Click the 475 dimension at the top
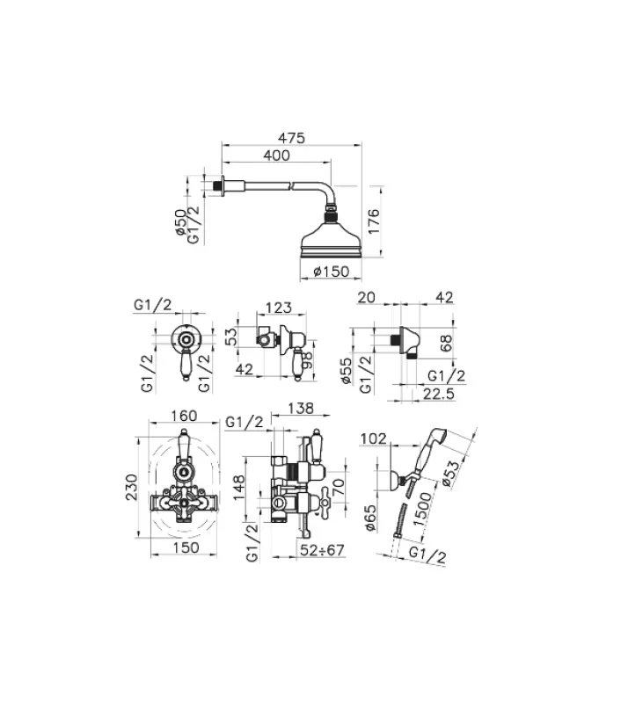point(291,138)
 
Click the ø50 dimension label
point(180,223)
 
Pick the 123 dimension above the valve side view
point(278,308)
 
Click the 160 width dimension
point(184,416)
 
